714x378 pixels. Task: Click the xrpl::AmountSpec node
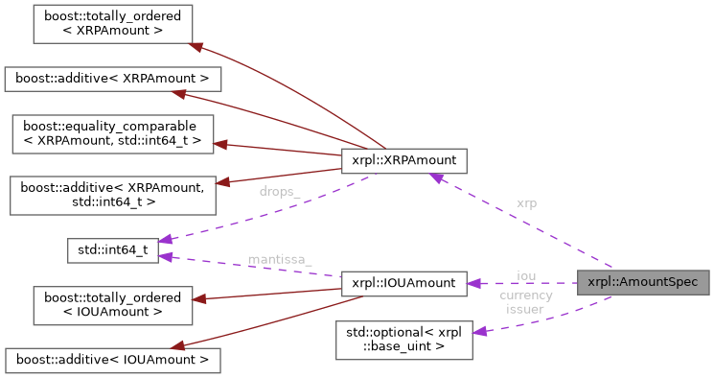[643, 283]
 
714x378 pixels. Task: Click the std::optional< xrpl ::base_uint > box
[403, 340]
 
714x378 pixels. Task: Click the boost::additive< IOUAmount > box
[112, 360]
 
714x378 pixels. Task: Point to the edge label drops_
[279, 192]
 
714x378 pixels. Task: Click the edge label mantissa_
[279, 259]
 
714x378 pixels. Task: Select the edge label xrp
[526, 203]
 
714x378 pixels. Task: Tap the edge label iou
[526, 276]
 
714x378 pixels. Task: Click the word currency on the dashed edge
[525, 295]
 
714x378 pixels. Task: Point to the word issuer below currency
[525, 309]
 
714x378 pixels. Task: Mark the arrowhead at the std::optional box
[481, 331]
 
